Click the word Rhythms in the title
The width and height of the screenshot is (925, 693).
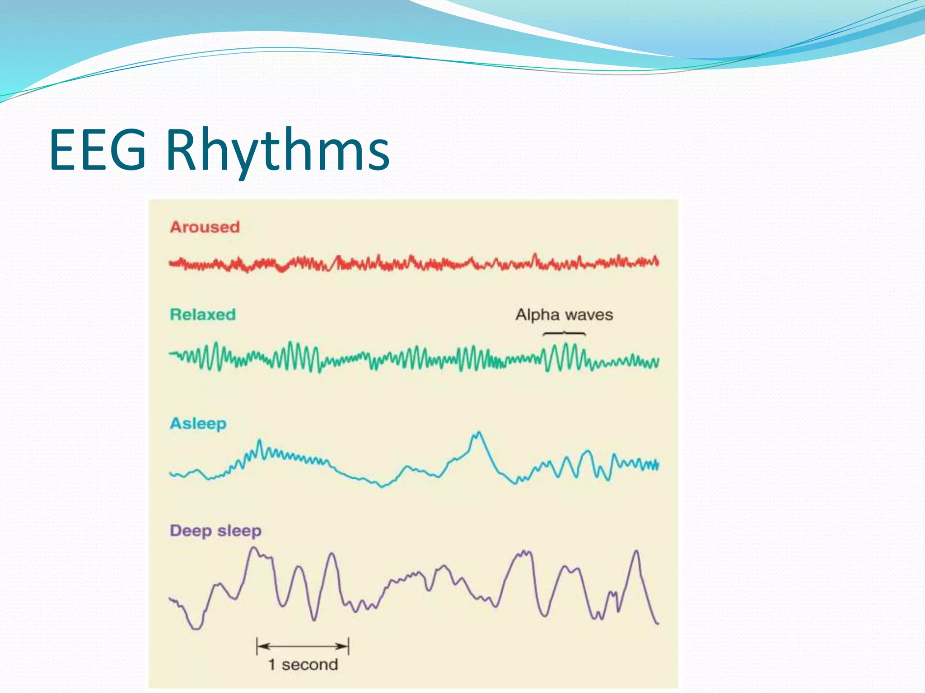(x=277, y=150)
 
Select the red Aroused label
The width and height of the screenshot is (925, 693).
(x=205, y=227)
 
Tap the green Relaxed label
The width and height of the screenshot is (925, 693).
(x=203, y=314)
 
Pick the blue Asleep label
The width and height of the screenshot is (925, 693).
(x=198, y=424)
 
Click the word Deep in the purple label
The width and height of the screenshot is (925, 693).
(x=190, y=531)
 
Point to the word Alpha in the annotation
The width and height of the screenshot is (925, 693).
(x=537, y=315)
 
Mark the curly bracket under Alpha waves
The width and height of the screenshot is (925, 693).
(x=564, y=334)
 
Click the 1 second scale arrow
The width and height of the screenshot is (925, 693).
(x=303, y=646)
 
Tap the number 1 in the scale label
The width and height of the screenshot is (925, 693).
(x=272, y=665)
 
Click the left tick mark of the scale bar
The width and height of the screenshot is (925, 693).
(x=257, y=646)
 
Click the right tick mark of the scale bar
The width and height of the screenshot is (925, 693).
(x=349, y=646)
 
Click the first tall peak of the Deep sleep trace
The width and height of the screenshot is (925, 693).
(x=254, y=549)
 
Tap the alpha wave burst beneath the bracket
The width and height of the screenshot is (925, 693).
(x=564, y=357)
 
